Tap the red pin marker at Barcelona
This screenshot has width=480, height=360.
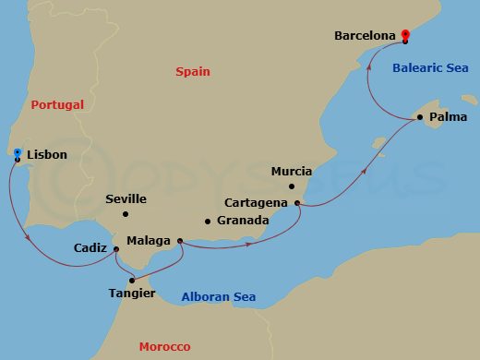pos(404,35)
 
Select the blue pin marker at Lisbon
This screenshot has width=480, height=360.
pos(17,152)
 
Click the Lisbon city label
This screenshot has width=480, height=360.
pos(48,155)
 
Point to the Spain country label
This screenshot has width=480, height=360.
pos(193,71)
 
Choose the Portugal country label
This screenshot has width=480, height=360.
pos(57,104)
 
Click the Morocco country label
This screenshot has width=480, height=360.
pos(164,347)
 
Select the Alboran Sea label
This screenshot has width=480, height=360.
pos(218,297)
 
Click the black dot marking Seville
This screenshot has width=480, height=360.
pos(126,214)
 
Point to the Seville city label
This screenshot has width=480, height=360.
pos(126,198)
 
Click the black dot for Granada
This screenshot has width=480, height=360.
pos(208,222)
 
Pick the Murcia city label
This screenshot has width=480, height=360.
pos(292,172)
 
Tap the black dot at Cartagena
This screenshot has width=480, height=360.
pos(297,202)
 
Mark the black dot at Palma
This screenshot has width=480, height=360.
pos(418,117)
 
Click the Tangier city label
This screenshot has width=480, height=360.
pos(131,294)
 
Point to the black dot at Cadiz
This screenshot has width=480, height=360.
pos(115,248)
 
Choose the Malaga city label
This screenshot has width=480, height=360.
pos(149,241)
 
